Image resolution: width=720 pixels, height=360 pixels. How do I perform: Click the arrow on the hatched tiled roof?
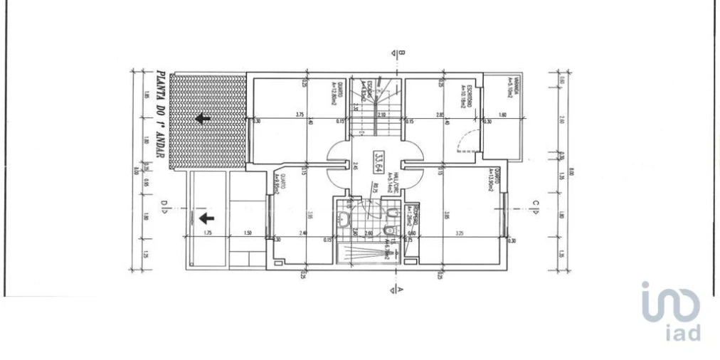pyautogui.click(x=203, y=118)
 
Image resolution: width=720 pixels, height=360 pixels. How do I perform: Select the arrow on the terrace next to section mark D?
pyautogui.click(x=207, y=218)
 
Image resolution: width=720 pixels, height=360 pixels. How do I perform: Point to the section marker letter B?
pyautogui.click(x=401, y=53)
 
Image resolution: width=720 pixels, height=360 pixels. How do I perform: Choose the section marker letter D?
pyautogui.click(x=163, y=208)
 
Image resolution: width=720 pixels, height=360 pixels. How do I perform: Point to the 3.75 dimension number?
pyautogui.click(x=299, y=115)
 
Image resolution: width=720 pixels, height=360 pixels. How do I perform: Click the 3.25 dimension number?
pyautogui.click(x=459, y=233)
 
